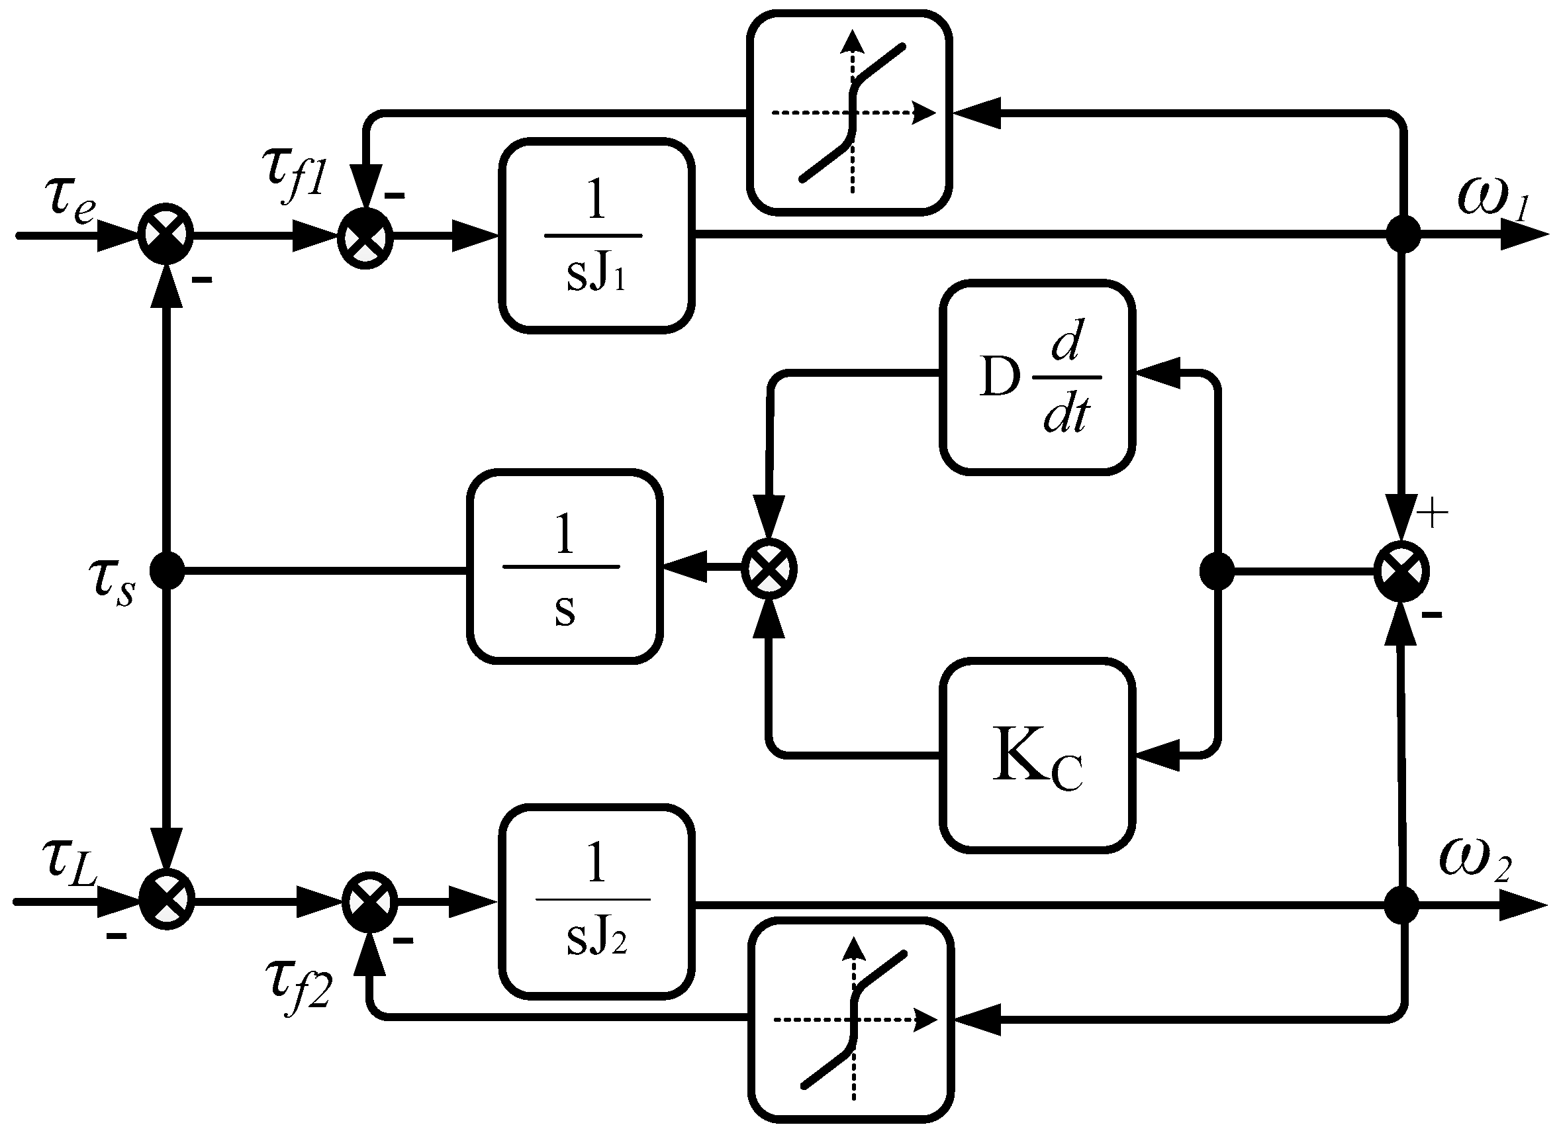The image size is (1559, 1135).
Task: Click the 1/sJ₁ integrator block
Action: (596, 236)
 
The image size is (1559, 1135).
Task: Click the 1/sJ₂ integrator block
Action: (596, 901)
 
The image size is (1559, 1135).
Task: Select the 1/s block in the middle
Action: (564, 567)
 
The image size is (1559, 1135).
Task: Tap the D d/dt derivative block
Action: (1037, 377)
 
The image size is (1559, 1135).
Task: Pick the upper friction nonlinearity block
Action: (849, 112)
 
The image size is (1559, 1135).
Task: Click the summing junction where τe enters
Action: (165, 235)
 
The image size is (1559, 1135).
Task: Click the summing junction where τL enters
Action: (167, 900)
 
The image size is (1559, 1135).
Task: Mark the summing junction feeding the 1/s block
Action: (769, 569)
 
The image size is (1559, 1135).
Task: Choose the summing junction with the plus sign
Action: (1401, 570)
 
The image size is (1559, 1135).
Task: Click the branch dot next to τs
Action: (167, 570)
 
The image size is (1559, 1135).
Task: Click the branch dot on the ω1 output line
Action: (1402, 235)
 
